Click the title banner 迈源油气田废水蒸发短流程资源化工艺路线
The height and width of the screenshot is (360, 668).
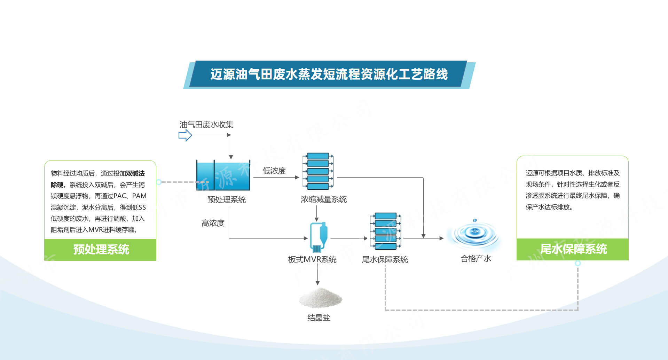[329, 75]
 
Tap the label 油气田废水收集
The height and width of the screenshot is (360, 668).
[206, 125]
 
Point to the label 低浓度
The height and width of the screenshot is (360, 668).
[274, 171]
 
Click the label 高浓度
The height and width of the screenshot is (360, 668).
[213, 223]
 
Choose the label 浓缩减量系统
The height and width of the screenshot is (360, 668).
[324, 199]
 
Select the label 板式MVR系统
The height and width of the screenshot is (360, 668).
[312, 259]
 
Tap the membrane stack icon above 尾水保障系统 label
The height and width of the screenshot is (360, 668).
[385, 231]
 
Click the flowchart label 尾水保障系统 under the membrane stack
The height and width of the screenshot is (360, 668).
[385, 259]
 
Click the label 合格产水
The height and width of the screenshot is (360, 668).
[476, 259]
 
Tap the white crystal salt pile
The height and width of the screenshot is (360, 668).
[320, 298]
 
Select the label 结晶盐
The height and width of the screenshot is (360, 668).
[319, 318]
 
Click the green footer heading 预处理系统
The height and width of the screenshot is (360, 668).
[101, 250]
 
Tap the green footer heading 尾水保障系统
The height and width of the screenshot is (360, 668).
[573, 249]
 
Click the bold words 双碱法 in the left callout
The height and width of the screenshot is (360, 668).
[135, 173]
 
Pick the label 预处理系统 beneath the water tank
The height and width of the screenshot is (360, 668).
[226, 200]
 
